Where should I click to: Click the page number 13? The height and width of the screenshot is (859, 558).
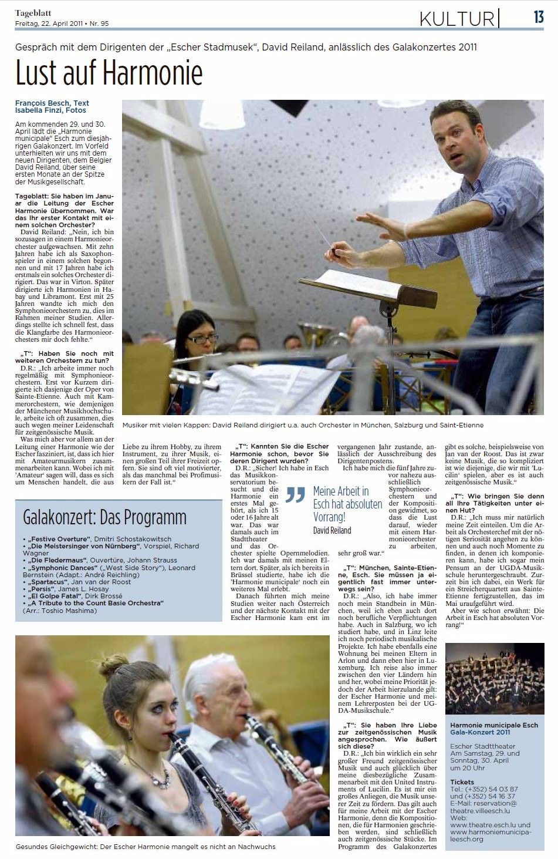[x=539, y=17]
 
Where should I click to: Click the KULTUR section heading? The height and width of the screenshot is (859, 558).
[x=457, y=19]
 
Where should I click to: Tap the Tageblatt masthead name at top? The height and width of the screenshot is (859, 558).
[x=33, y=12]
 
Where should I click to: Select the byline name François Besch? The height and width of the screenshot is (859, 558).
[x=44, y=103]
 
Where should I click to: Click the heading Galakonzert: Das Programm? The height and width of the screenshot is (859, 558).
[x=104, y=517]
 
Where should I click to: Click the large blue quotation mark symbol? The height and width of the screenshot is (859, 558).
[x=296, y=495]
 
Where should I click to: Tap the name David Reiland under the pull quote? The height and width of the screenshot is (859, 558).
[x=332, y=530]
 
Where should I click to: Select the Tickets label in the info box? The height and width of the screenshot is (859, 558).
[x=462, y=782]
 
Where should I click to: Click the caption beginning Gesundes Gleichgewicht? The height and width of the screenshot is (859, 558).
[x=146, y=846]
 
